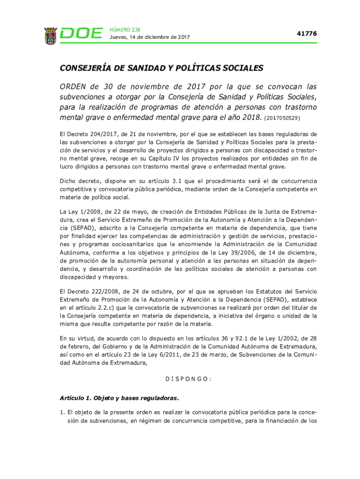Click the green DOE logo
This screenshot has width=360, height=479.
82,34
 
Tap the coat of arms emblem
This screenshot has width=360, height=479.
50,35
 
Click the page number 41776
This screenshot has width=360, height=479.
307,34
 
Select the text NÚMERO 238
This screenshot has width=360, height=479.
124,29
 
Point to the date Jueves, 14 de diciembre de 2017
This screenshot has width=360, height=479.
149,37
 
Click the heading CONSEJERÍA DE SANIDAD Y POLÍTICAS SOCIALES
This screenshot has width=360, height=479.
161,68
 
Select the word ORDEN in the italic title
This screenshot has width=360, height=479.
73,87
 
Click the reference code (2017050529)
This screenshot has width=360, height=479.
282,118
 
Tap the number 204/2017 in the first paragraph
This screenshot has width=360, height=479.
99,134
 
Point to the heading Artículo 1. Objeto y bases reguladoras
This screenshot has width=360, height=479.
119,398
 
